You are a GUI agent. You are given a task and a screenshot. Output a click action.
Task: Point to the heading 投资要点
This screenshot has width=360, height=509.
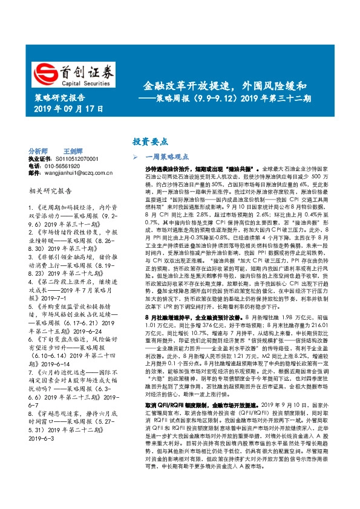point(150,141)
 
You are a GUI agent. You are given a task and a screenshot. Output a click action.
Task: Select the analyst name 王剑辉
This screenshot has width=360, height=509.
point(73,151)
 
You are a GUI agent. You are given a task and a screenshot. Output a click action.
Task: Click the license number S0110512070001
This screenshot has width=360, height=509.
point(78,158)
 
